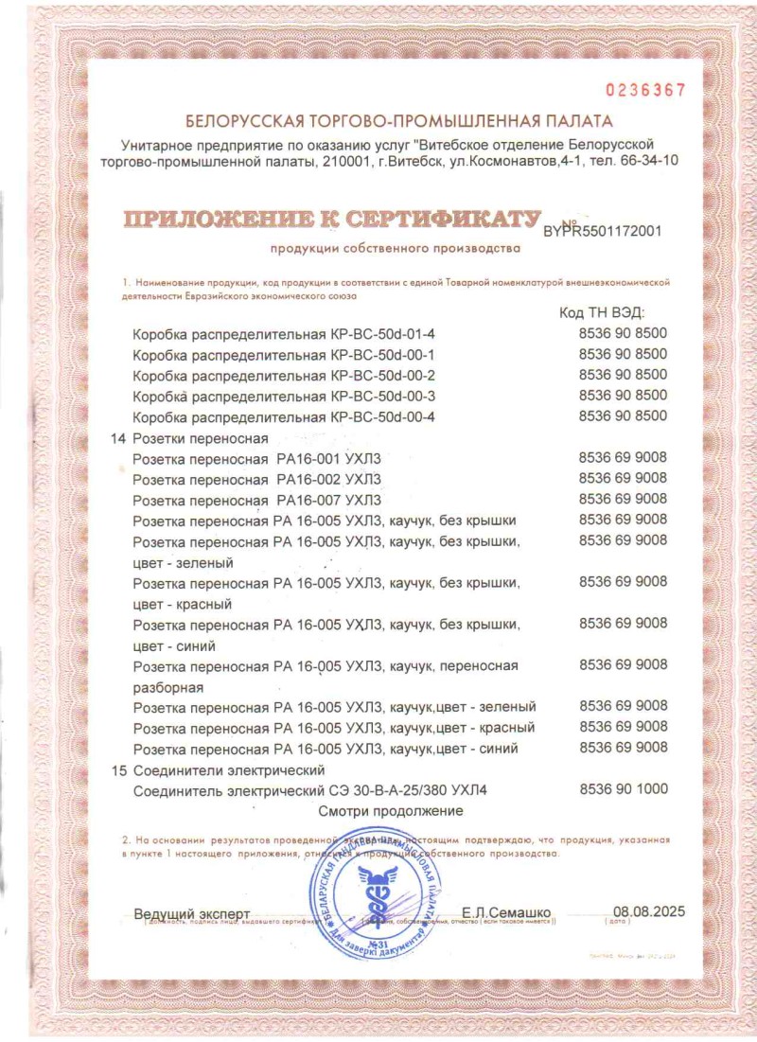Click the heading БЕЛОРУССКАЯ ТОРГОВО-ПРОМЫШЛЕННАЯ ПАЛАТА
coord(399,121)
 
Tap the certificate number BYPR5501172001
coord(603,230)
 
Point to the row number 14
coord(118,438)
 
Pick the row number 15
coord(118,769)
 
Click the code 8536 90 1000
coord(623,789)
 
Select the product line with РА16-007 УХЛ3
coord(257,500)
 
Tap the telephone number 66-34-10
coord(654,161)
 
